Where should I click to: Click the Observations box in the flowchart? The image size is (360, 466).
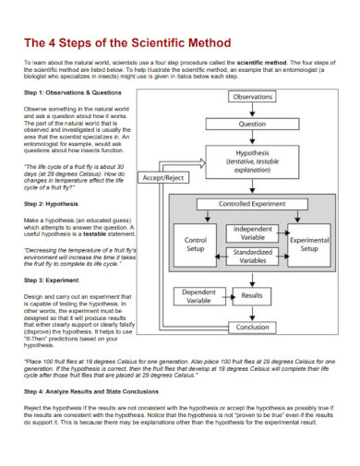point(252,96)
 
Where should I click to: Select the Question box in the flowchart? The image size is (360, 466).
point(252,123)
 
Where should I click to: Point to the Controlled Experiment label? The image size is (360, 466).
point(252,204)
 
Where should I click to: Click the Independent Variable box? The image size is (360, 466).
point(252,233)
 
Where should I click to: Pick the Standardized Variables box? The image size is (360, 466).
point(252,256)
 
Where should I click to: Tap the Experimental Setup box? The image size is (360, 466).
point(309,244)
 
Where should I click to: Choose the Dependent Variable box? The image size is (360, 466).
point(198,295)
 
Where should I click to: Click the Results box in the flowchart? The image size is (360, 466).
point(252,295)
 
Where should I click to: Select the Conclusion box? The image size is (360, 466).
point(252,327)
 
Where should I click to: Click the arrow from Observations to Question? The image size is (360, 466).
point(252,109)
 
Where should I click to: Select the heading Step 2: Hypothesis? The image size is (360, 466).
point(54,202)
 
